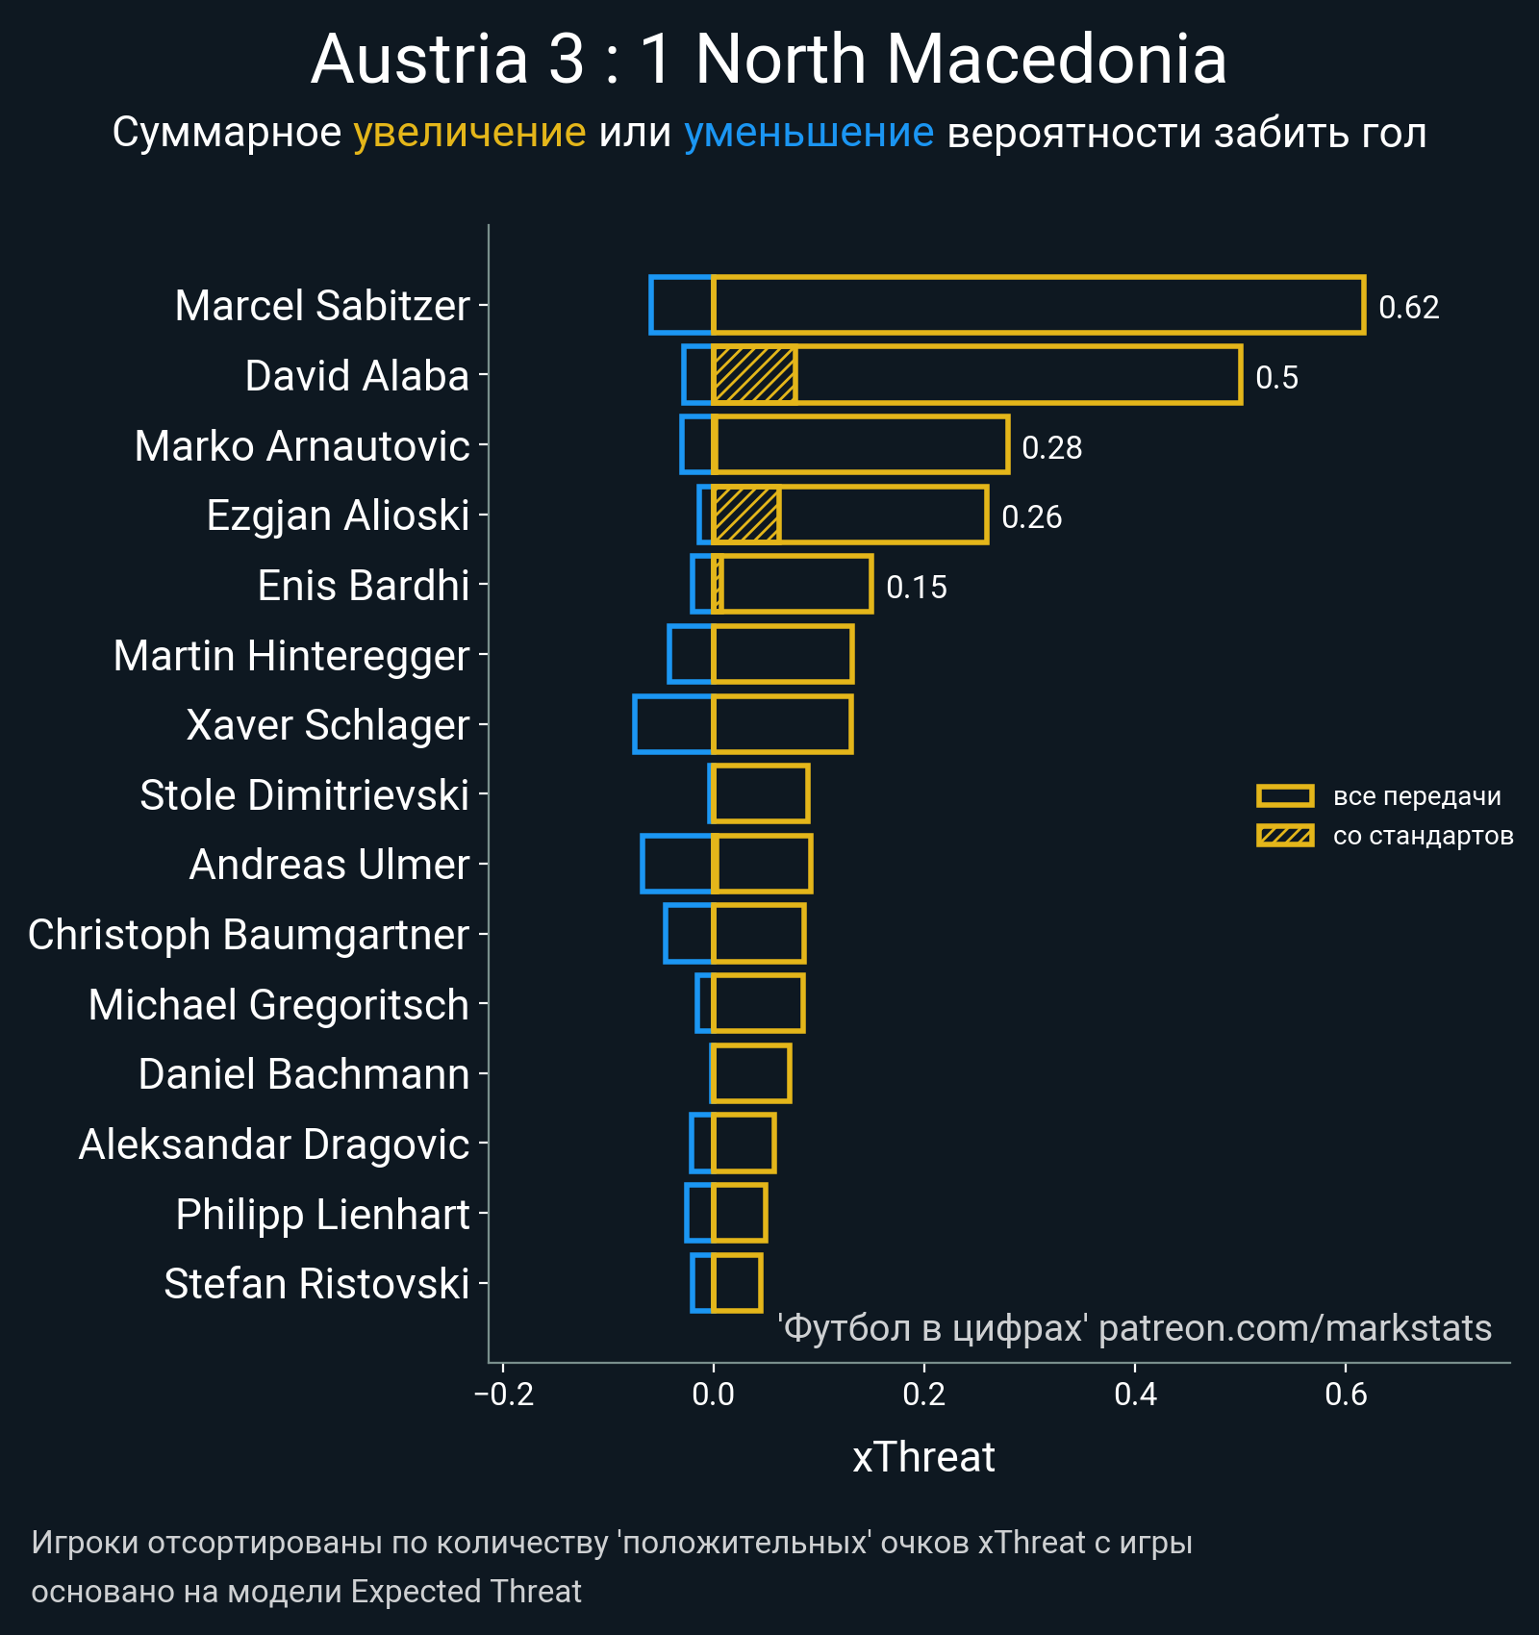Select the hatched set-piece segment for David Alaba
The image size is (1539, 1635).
[754, 375]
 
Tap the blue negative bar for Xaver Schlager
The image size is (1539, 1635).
[673, 724]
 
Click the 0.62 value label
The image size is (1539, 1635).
[1408, 308]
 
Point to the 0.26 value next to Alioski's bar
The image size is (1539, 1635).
[1031, 517]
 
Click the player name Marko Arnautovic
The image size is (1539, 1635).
[302, 446]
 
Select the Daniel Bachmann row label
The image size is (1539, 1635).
[303, 1074]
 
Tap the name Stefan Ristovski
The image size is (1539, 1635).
[316, 1284]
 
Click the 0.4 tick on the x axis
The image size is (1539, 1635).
[1135, 1394]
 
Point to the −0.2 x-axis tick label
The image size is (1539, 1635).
[504, 1394]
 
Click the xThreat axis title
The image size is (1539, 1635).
[923, 1457]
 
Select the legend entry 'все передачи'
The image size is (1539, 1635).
[1416, 796]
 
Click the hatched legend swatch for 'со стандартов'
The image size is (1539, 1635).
[1285, 836]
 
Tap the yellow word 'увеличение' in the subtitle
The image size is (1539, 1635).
[469, 133]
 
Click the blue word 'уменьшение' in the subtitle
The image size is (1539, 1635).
[808, 133]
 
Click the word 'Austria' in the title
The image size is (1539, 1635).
[419, 60]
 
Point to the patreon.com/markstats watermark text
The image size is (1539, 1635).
[1295, 1328]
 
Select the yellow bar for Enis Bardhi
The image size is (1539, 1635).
[796, 584]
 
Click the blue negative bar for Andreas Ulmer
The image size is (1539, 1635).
[677, 864]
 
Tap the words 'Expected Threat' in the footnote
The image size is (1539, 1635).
[466, 1592]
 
